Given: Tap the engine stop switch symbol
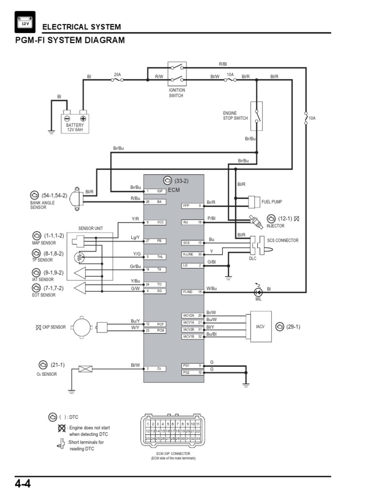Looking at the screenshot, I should point(256,116).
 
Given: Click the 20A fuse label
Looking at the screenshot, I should point(117,75).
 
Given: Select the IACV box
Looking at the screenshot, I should point(260,326).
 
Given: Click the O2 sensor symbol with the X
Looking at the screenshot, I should point(85,369).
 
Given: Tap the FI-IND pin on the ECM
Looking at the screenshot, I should point(190,292).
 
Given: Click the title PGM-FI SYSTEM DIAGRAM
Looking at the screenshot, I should point(70,40).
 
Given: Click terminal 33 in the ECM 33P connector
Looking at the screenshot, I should point(198,438).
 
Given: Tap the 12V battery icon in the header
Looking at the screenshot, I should point(24,22).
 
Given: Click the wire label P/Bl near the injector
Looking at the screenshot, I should point(212,218).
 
